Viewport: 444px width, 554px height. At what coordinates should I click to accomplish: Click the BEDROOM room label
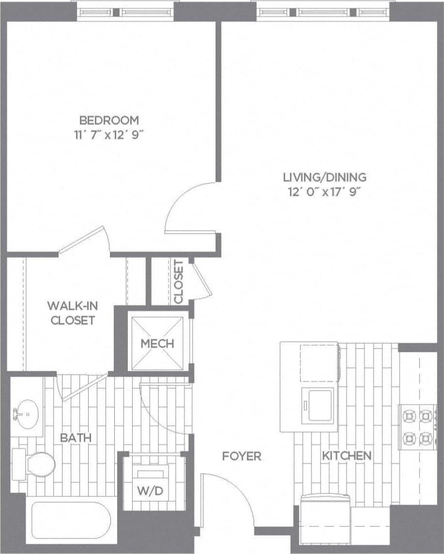click(x=109, y=120)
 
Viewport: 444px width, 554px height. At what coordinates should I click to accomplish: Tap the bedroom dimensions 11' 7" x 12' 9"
click(x=109, y=134)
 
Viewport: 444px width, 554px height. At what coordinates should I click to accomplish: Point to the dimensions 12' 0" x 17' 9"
click(x=325, y=191)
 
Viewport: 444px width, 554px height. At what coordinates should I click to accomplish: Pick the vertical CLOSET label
click(x=179, y=282)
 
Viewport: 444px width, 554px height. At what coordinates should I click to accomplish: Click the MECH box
click(x=157, y=344)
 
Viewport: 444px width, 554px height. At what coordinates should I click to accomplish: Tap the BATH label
click(x=76, y=438)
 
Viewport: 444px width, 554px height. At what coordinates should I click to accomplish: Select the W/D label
click(x=151, y=491)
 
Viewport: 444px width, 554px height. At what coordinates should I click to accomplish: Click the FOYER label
click(x=242, y=456)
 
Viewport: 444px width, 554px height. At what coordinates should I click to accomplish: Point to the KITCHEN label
click(x=347, y=456)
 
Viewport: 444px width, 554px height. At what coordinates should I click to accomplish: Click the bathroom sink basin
click(x=26, y=414)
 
